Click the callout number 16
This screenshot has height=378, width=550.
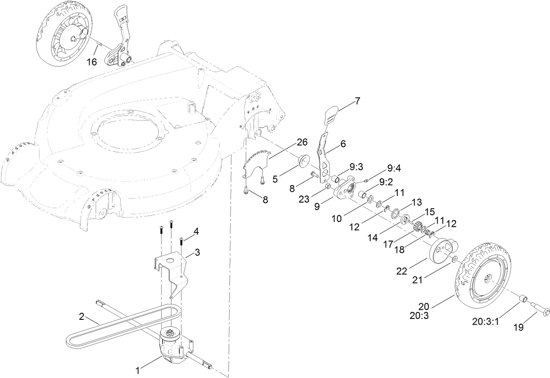91,62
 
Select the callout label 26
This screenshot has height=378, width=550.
302,142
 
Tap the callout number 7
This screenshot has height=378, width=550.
357,101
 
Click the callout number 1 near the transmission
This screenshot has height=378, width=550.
138,371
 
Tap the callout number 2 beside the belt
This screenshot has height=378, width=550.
81,316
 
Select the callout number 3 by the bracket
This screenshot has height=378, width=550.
197,252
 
